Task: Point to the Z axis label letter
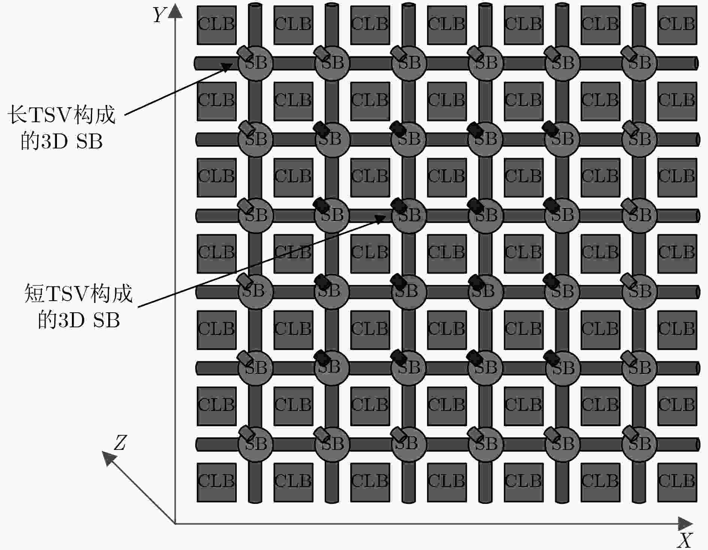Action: click(x=119, y=443)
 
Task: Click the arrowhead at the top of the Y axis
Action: click(x=175, y=11)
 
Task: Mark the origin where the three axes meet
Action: click(x=175, y=523)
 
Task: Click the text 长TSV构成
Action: click(x=61, y=115)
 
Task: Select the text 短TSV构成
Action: click(x=78, y=293)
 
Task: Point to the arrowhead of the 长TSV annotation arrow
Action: click(x=227, y=66)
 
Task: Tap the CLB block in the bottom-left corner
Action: click(x=217, y=482)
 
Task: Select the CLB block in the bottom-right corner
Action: click(x=677, y=482)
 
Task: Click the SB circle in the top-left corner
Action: click(x=255, y=63)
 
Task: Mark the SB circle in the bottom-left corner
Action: click(x=255, y=444)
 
